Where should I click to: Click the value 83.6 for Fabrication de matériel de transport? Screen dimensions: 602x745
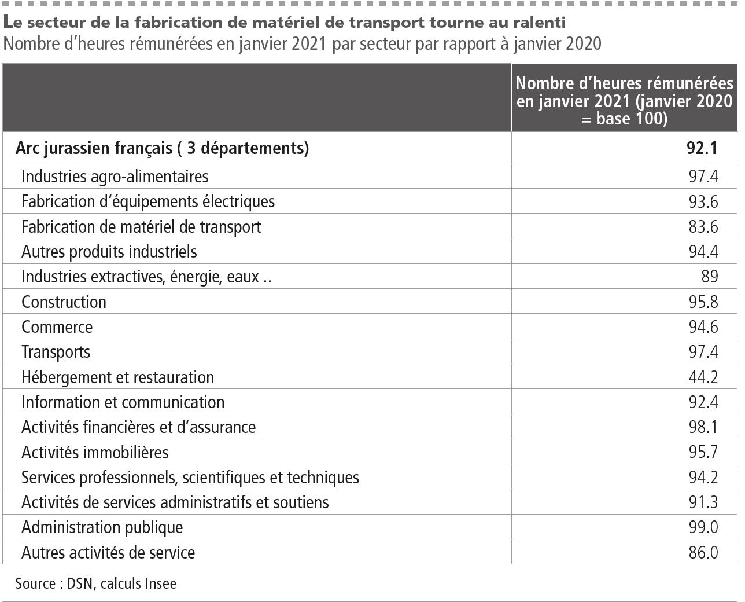[703, 226]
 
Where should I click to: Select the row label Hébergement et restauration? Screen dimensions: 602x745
[117, 377]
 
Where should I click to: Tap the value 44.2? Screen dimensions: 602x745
[703, 377]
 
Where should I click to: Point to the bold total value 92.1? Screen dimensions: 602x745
[702, 148]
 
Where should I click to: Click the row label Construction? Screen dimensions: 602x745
[64, 302]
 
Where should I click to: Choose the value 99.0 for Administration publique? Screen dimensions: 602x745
[703, 527]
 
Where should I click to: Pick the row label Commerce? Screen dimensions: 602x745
[57, 327]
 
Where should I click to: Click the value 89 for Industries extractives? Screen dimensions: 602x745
[709, 277]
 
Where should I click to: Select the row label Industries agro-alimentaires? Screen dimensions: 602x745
[115, 176]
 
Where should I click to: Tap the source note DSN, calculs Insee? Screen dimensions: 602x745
[95, 583]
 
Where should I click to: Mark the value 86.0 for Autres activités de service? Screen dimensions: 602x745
[703, 553]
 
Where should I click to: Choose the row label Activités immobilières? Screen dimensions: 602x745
[95, 452]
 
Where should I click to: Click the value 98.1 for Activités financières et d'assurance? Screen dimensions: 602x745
[703, 427]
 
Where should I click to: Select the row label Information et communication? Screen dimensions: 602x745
[123, 402]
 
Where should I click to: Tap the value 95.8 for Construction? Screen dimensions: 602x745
[703, 302]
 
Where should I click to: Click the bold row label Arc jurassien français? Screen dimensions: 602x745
[162, 148]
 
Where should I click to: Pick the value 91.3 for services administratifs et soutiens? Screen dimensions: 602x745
[703, 502]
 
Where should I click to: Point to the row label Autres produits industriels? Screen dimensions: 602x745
[109, 252]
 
